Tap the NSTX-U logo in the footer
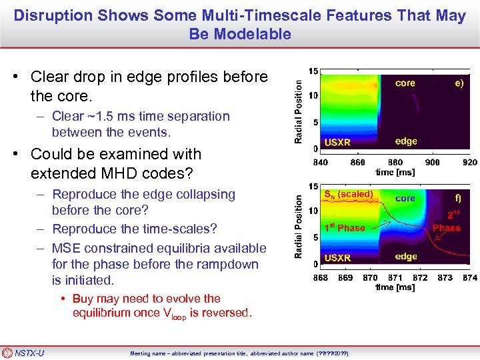point(24,353)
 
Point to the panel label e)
point(459,83)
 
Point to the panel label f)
point(457,198)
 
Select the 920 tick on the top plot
point(470,161)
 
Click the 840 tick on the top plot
point(320,161)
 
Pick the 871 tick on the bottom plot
point(395,277)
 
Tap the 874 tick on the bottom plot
point(469,277)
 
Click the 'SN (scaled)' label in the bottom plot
point(348,195)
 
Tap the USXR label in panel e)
point(337,142)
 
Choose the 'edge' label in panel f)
point(406,256)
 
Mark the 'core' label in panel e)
point(405,83)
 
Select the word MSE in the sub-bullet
point(66,247)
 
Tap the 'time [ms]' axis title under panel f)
point(395,287)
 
